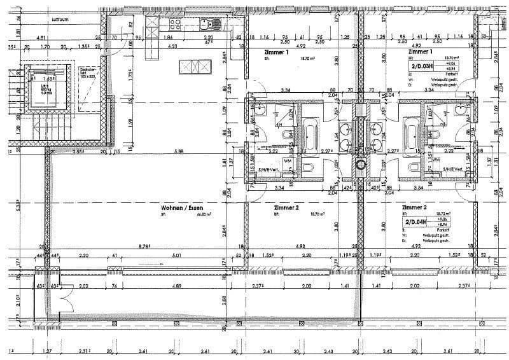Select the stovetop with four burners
174,24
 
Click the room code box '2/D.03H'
423,65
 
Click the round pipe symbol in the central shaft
362,166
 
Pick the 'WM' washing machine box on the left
288,161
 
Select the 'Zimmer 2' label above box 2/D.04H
414,207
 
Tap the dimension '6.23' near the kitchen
172,46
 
